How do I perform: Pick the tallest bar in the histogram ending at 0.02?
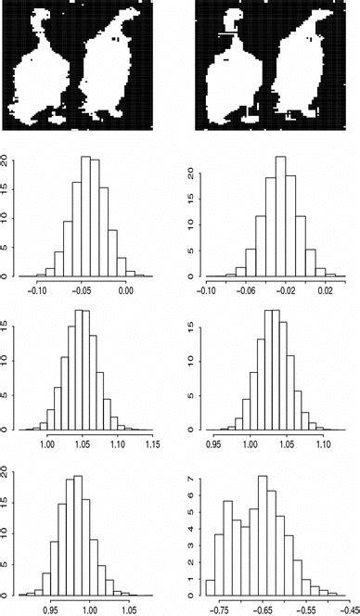pyautogui.click(x=280, y=223)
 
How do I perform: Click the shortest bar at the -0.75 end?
pyautogui.click(x=210, y=586)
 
